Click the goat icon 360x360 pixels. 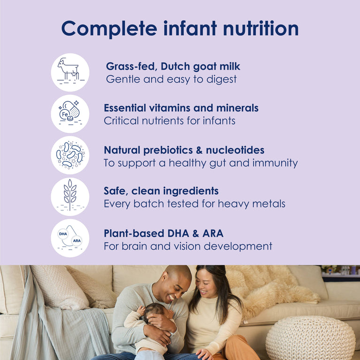pos(70,72)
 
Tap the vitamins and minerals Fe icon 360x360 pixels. pos(70,114)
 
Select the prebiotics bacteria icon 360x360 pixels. pos(70,155)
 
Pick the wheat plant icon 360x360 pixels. pos(70,196)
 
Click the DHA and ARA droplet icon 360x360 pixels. pos(70,238)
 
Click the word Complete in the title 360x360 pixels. pos(104,29)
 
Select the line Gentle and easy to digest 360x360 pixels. pos(171,79)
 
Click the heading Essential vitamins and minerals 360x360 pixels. pos(181,108)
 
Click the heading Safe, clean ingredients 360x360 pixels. pos(161,191)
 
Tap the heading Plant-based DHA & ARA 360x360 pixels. pos(163,233)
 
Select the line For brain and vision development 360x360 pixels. pos(188,246)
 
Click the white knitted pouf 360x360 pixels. pos(310,338)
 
